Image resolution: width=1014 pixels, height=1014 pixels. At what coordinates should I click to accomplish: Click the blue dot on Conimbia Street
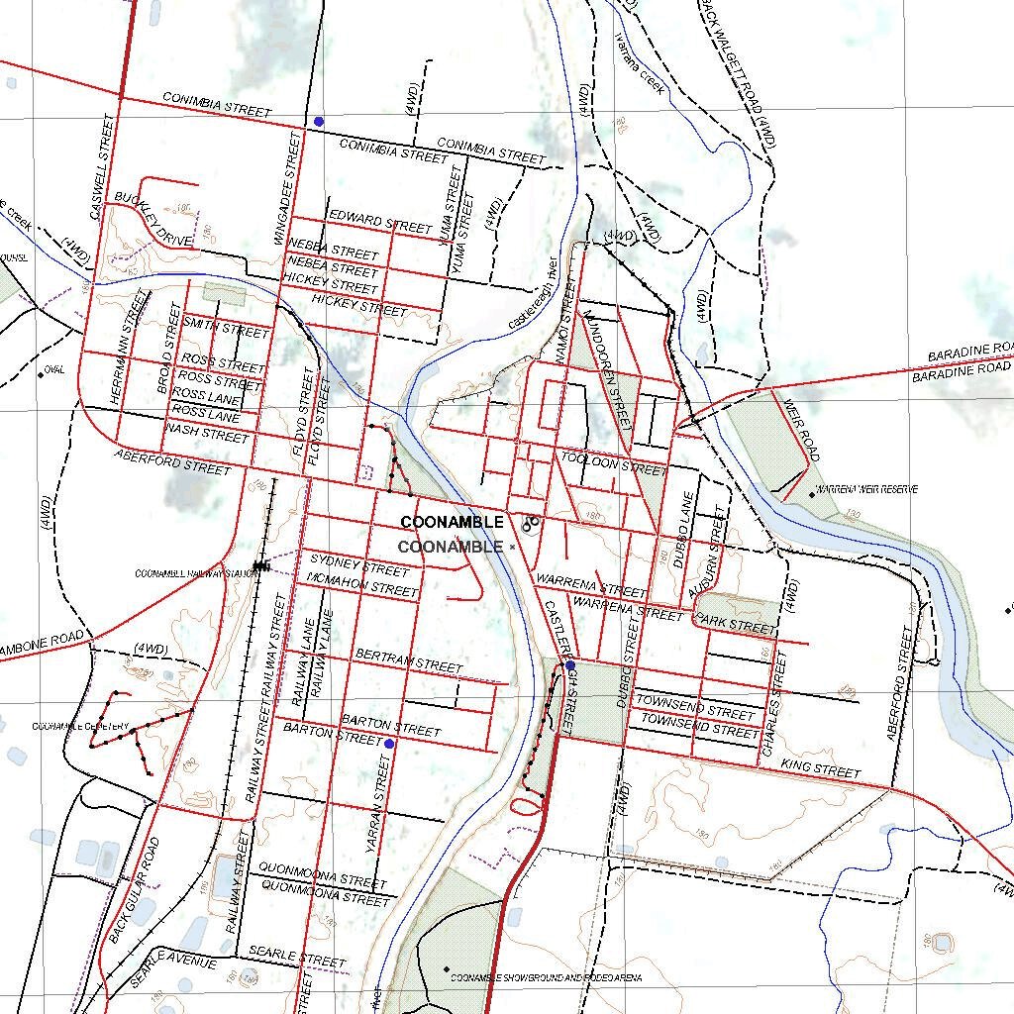pyautogui.click(x=319, y=121)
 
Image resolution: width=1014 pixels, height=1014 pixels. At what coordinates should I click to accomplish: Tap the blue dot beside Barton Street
pyautogui.click(x=389, y=743)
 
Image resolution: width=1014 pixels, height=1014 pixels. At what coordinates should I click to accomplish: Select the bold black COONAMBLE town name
pyautogui.click(x=452, y=522)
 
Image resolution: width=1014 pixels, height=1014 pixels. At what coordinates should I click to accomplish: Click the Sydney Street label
pyautogui.click(x=359, y=567)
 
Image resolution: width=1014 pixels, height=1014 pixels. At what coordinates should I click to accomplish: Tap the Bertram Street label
pyautogui.click(x=408, y=660)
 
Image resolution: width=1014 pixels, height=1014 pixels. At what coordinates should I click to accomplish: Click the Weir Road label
pyautogui.click(x=801, y=430)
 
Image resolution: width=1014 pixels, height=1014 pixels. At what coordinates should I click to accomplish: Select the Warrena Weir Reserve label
pyautogui.click(x=866, y=490)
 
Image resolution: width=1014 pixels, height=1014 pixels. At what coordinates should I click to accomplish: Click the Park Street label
pyautogui.click(x=735, y=625)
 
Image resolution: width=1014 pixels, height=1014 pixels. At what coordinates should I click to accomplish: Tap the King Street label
pyautogui.click(x=821, y=768)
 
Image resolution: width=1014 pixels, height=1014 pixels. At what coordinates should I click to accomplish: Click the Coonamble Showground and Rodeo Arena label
pyautogui.click(x=546, y=978)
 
